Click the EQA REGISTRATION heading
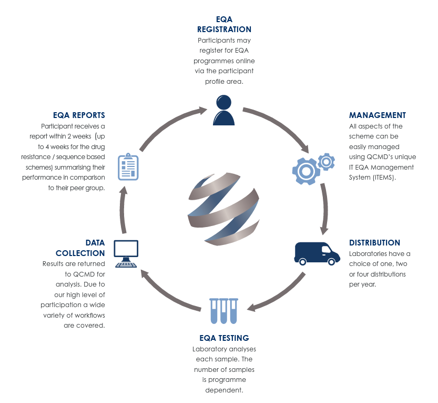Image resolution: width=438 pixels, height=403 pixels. [224, 24]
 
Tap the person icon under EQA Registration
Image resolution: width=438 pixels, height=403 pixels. [223, 110]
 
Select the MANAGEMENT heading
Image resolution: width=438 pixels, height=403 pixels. [377, 115]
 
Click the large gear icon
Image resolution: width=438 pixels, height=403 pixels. [305, 170]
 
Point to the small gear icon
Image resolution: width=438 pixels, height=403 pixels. [327, 161]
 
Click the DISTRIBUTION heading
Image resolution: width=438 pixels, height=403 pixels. [374, 243]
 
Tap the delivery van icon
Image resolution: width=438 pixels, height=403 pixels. [313, 253]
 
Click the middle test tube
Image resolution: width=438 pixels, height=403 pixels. [224, 311]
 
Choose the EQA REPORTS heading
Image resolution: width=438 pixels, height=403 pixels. [79, 115]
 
